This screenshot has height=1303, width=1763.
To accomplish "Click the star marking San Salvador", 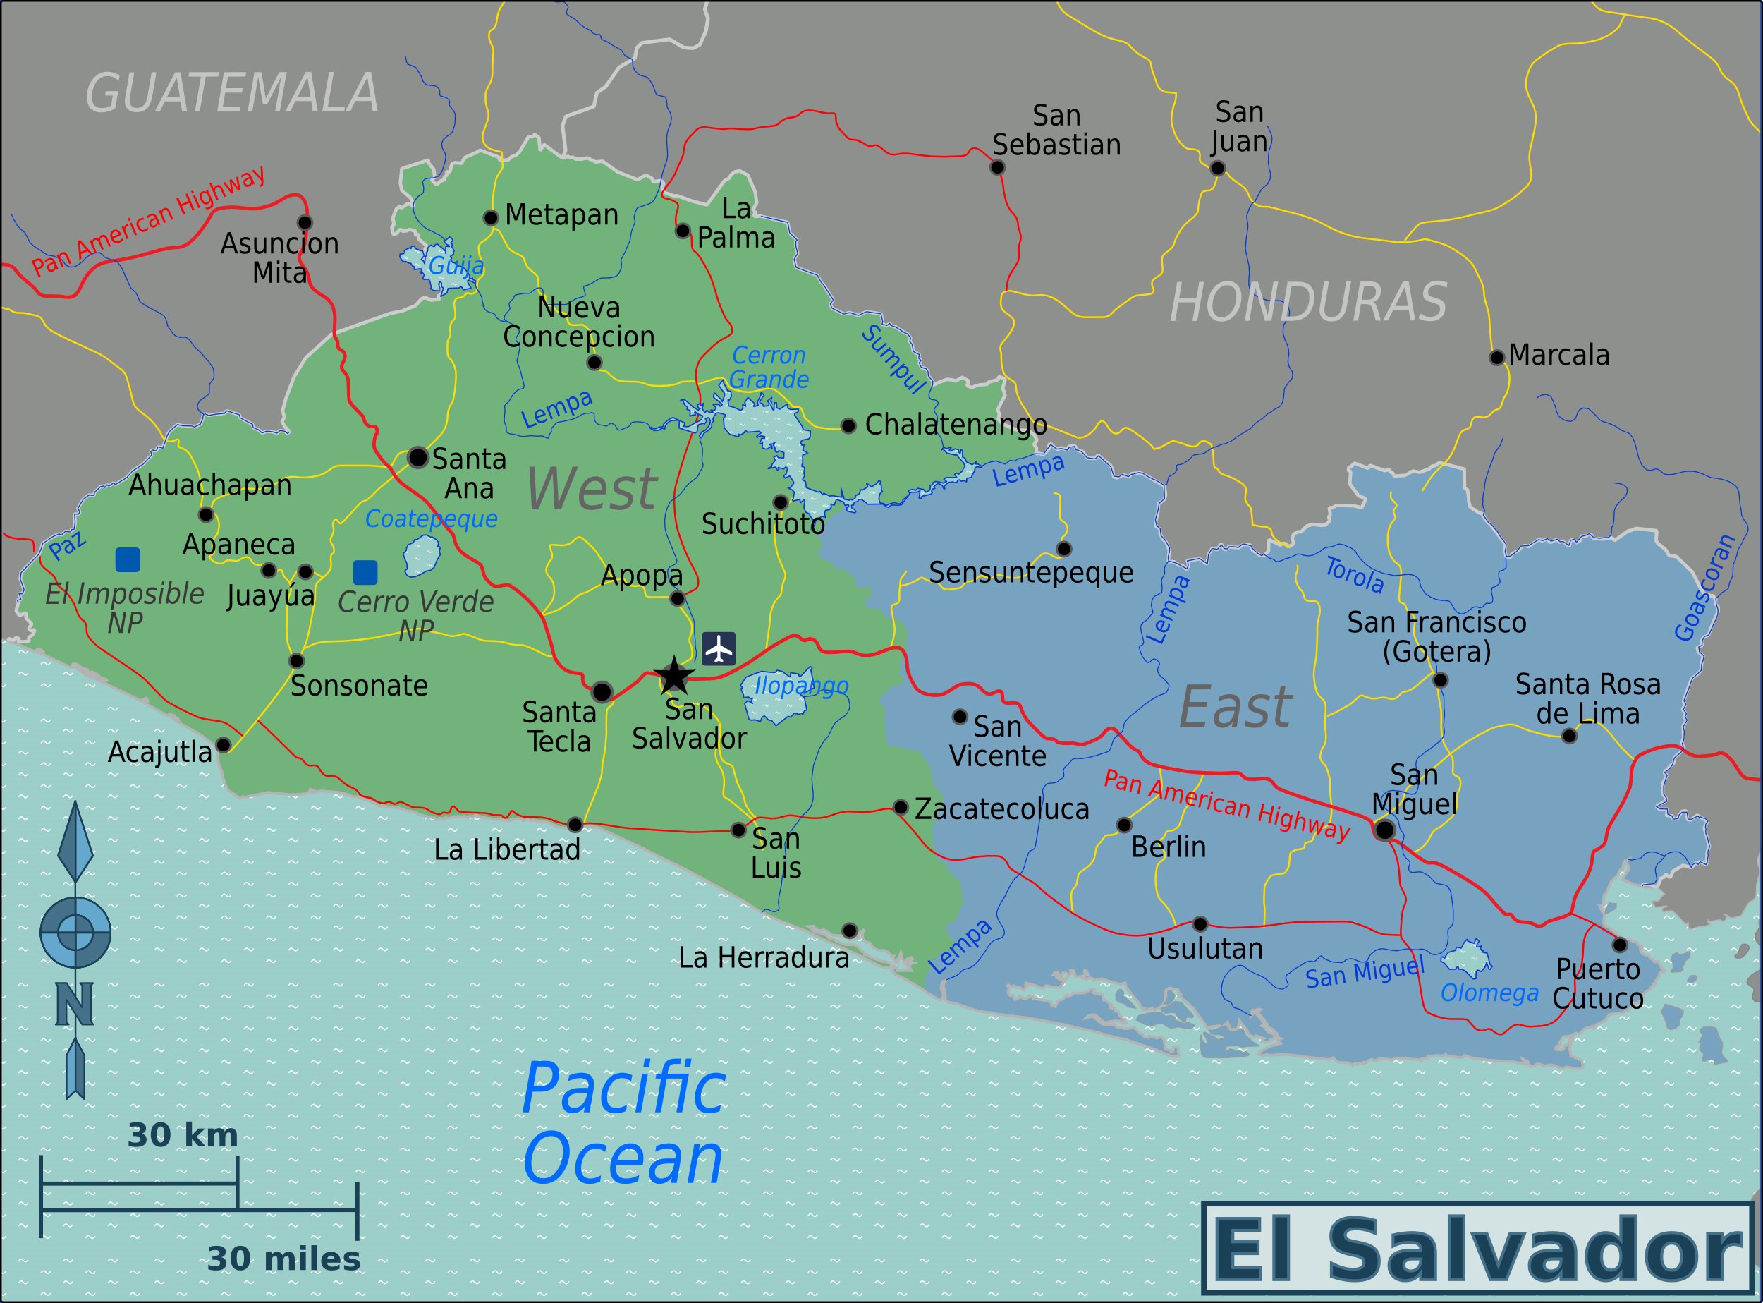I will click(674, 676).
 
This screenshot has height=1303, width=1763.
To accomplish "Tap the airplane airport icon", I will click(719, 649).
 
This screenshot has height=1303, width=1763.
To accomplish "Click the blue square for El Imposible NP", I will click(128, 559).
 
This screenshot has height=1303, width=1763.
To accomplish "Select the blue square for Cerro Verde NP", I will click(365, 572).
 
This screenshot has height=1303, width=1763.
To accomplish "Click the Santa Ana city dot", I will click(418, 457).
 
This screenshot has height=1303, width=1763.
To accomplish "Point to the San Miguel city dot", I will click(1384, 829).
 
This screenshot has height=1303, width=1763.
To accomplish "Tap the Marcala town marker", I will click(1496, 357).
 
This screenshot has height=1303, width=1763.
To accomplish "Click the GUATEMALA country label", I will click(232, 93).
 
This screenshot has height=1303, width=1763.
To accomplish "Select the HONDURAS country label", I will click(1307, 302).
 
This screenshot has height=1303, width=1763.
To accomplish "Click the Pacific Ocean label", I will click(623, 1123).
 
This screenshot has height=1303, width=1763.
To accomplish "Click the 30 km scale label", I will click(182, 1135).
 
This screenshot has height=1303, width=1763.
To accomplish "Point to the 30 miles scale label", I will click(284, 1259).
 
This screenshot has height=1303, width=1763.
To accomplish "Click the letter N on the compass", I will click(75, 1003).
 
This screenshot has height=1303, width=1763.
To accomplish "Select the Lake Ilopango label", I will click(801, 686).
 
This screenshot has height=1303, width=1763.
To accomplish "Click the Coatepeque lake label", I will click(432, 519).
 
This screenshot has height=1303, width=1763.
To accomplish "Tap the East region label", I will click(1235, 708).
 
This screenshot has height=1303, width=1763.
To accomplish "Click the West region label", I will click(592, 489).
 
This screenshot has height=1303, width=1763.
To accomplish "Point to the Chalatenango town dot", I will click(848, 426).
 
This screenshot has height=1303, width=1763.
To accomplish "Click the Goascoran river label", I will click(1704, 588).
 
